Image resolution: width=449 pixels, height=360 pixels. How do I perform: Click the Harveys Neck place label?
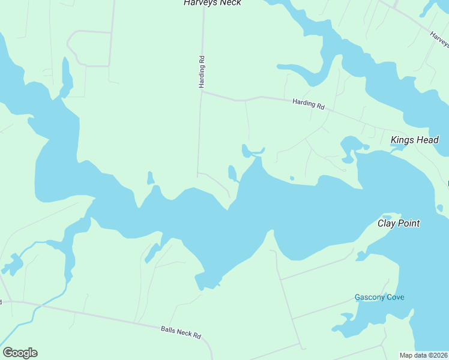(x=212, y=3)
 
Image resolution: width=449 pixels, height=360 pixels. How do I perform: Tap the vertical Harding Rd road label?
(x=202, y=72)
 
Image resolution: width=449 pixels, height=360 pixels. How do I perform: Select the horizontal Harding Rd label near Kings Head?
(x=309, y=104)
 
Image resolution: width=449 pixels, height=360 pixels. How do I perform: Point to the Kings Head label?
(x=415, y=140)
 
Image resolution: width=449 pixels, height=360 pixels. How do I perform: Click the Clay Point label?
(x=398, y=223)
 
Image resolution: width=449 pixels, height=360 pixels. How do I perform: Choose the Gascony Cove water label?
(x=379, y=297)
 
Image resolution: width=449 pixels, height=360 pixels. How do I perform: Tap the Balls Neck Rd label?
(x=181, y=332)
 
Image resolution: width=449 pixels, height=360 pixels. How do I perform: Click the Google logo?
(x=20, y=353)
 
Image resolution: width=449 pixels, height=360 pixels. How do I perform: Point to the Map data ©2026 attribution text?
(x=424, y=355)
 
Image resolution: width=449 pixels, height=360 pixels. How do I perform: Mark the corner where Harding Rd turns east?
(x=202, y=92)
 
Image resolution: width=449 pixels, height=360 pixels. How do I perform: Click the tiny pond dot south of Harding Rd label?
(x=292, y=178)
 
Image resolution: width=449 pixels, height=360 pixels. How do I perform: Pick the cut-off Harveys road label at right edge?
(x=439, y=40)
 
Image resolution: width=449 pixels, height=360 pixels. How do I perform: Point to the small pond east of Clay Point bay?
(x=441, y=208)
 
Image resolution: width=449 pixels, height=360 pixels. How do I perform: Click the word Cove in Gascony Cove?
(x=394, y=297)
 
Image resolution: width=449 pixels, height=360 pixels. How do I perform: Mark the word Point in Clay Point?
(x=408, y=223)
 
